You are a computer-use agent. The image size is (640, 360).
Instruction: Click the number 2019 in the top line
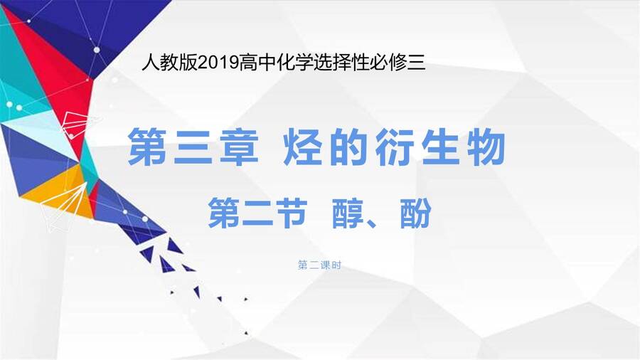click(218, 63)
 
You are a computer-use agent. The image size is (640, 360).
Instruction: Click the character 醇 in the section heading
click(347, 213)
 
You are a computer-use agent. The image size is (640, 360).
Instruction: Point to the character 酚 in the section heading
click(415, 213)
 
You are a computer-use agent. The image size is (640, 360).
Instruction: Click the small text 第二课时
click(319, 265)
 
